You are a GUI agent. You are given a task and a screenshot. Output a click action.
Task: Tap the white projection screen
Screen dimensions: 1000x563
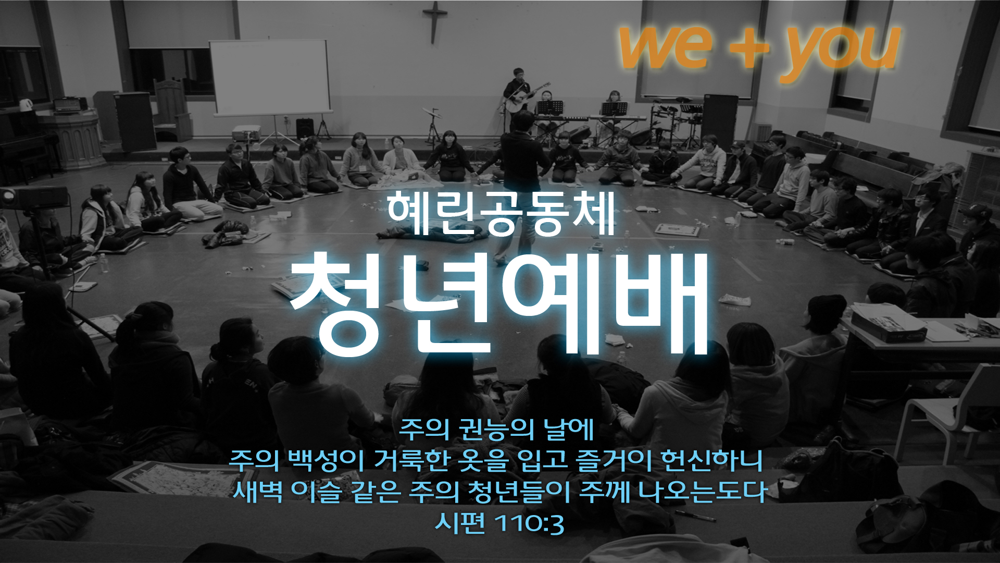270,77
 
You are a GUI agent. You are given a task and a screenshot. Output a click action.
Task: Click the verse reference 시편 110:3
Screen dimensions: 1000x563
499,523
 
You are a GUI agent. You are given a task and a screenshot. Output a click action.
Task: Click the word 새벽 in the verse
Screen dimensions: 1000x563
258,491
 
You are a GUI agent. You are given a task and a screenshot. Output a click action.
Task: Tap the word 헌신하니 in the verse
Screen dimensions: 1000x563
711,460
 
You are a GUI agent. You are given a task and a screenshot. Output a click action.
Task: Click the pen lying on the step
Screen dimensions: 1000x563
695,516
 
